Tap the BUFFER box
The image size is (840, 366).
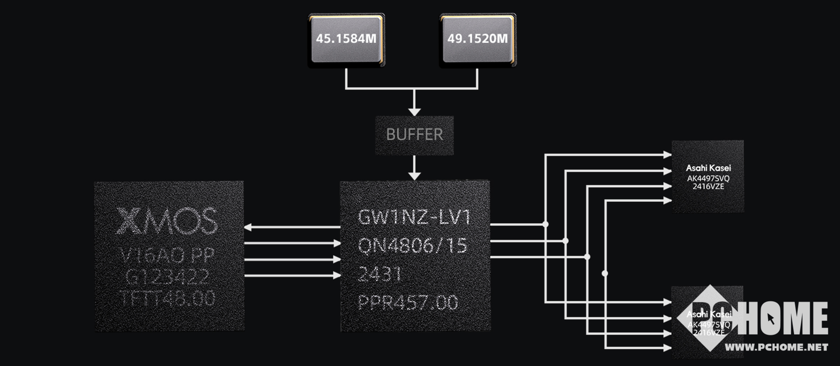click(414, 135)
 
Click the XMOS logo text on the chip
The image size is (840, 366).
click(168, 221)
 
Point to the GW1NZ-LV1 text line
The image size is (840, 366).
click(414, 217)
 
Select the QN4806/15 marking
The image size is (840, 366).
click(413, 246)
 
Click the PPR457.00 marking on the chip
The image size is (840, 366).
click(408, 303)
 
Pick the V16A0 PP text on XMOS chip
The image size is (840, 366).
click(168, 255)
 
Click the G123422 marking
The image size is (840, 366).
click(167, 277)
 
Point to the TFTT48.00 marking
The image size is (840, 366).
click(168, 299)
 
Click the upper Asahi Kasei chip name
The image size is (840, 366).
click(708, 168)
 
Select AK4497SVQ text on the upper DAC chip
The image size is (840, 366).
click(708, 178)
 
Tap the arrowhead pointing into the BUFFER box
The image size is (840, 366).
click(414, 112)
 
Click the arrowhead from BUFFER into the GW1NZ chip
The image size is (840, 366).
click(414, 176)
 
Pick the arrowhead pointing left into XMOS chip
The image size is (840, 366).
click(248, 227)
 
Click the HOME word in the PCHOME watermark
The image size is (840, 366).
click(786, 318)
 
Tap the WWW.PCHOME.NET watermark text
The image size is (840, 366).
click(777, 348)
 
